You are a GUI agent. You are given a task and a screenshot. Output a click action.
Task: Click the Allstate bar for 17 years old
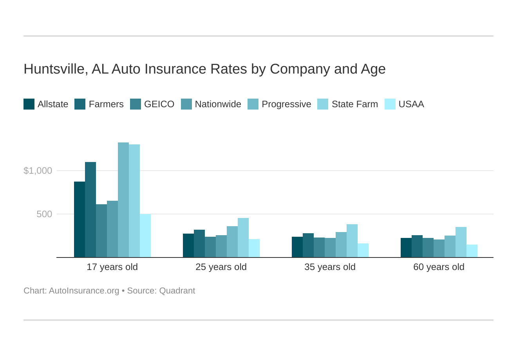[80, 220]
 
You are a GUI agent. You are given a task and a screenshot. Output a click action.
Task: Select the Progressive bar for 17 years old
[123, 200]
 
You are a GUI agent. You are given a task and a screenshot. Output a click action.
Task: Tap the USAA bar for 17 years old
[145, 236]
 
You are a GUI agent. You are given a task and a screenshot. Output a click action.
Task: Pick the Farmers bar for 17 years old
[90, 210]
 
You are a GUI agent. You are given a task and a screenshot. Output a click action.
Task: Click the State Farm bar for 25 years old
[243, 238]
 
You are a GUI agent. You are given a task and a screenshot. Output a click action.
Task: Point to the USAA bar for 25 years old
[254, 248]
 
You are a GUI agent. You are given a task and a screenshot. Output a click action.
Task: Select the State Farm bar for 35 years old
[352, 241]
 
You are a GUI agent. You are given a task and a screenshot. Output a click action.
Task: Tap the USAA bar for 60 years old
[472, 251]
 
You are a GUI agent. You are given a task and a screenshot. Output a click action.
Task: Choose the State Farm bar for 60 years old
[461, 242]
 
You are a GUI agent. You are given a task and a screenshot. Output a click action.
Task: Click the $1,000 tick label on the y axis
[38, 171]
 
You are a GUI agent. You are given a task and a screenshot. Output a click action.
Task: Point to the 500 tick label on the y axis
[44, 214]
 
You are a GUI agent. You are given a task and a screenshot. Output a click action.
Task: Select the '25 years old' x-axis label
[221, 267]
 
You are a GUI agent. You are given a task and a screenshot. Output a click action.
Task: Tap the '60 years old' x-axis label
[439, 267]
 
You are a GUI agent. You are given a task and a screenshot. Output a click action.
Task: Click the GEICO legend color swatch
[136, 104]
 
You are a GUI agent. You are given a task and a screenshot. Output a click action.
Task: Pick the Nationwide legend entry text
[218, 104]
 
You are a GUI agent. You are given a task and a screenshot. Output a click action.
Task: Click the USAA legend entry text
[411, 104]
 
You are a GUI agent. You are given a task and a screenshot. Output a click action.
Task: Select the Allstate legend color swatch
[29, 104]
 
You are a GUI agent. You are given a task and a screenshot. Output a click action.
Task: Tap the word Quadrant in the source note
[177, 291]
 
